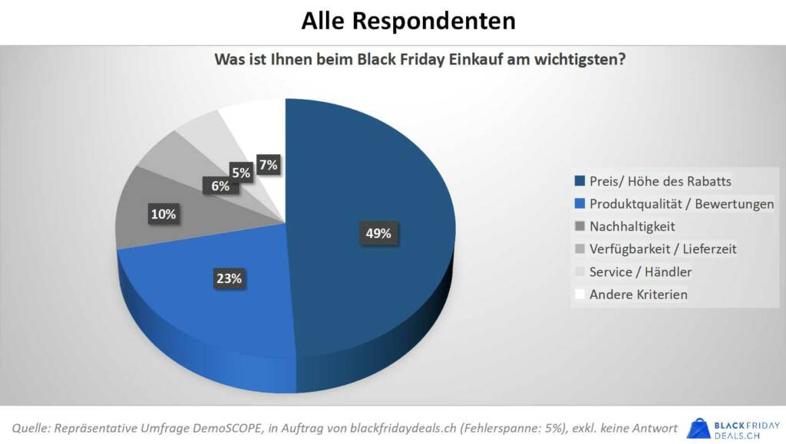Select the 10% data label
pos(163,215)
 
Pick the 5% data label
pos(241,173)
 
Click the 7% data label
pos(268,164)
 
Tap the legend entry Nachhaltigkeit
pos(632,226)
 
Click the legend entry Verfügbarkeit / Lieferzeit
pos(663,249)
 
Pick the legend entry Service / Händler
pos(640,271)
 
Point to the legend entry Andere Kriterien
pos(639,294)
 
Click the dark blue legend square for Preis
pos(580,182)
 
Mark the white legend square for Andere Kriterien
pos(580,294)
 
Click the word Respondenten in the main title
pos(434,21)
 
